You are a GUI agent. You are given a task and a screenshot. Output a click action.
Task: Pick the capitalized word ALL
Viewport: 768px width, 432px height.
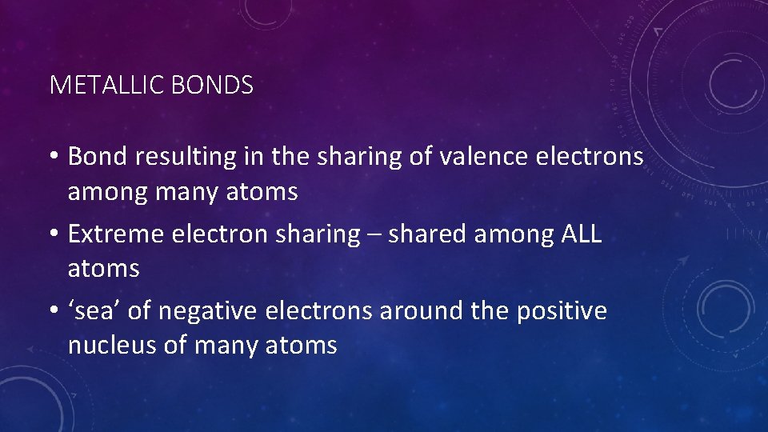coord(582,234)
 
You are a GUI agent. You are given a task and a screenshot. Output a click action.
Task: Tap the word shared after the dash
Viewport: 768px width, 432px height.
coord(427,234)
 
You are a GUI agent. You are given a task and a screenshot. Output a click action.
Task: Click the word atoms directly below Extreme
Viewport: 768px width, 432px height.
coord(103,269)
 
